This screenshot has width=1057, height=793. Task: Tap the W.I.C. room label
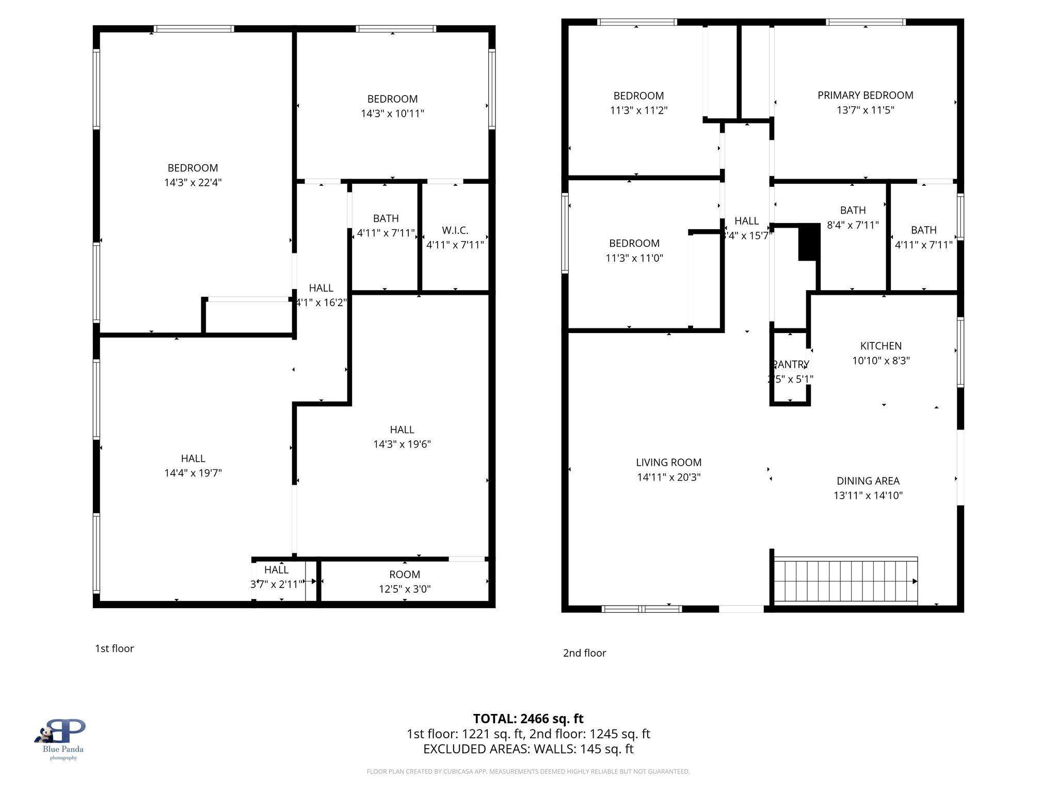point(455,231)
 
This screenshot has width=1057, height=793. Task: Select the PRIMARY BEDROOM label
point(865,96)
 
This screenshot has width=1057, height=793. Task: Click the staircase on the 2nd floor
point(845,580)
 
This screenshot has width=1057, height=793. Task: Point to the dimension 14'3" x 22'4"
point(193,183)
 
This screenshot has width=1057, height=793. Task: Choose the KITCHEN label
point(880,346)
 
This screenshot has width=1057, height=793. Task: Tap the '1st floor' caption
point(114,648)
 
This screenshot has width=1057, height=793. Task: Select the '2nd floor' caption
point(584,653)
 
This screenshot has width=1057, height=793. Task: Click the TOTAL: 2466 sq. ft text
point(528,719)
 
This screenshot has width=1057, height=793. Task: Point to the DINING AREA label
point(868,481)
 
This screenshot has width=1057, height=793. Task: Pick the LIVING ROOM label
point(668,463)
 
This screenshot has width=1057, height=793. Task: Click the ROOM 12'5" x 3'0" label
point(404,581)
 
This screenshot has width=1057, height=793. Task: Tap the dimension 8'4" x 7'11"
point(853,225)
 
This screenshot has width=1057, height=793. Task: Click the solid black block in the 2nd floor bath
point(809,242)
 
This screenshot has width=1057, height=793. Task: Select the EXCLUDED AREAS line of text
point(528,749)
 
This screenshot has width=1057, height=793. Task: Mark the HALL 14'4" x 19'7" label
point(193,465)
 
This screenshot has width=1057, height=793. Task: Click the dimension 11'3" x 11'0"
point(634,258)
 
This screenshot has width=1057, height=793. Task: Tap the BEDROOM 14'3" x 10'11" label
point(392,106)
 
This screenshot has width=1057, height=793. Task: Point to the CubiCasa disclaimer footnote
point(528,771)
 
